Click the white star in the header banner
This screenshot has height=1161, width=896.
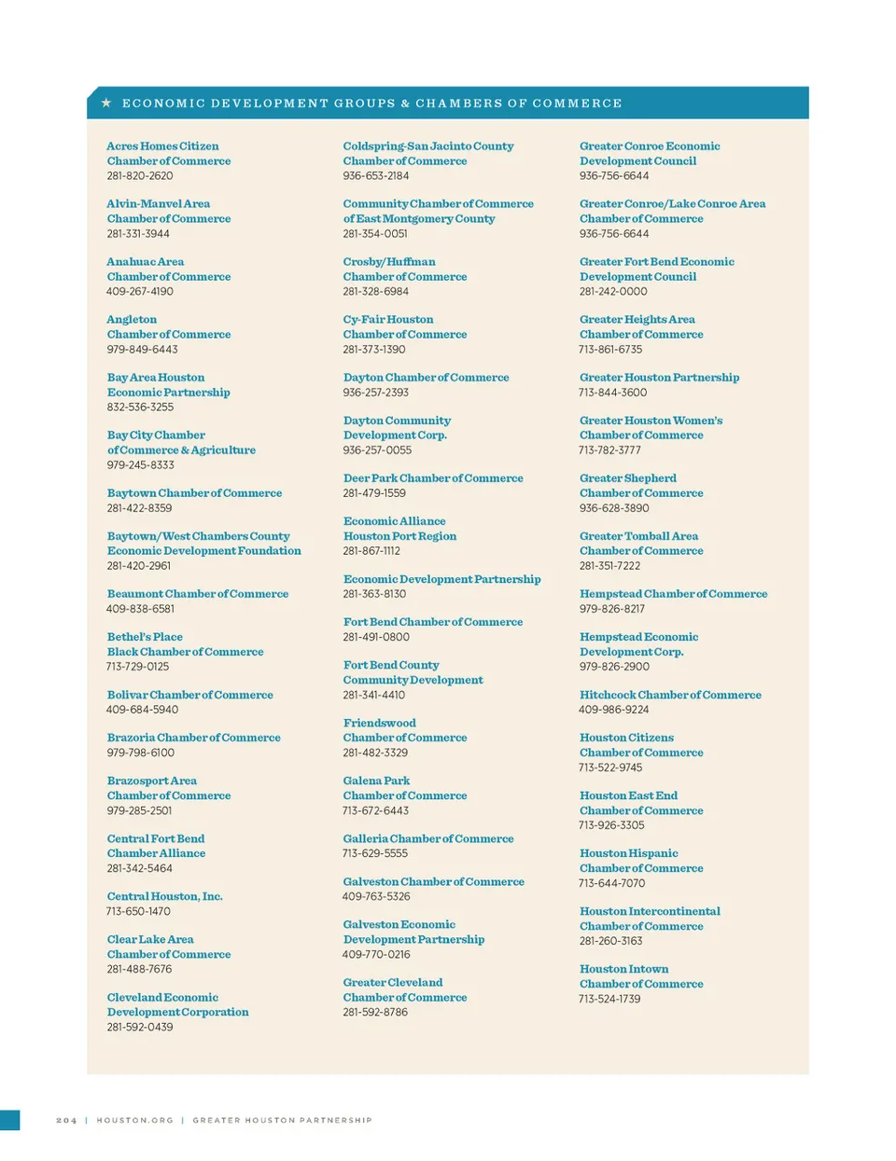click(x=106, y=103)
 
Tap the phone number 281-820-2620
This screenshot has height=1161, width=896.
click(x=140, y=175)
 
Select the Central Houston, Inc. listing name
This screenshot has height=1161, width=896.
click(x=164, y=896)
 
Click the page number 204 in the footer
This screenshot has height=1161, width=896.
click(x=66, y=1120)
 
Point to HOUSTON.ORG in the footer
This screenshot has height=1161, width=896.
click(x=134, y=1120)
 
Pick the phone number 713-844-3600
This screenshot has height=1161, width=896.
click(x=612, y=393)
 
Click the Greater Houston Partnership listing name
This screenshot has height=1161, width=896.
click(x=659, y=378)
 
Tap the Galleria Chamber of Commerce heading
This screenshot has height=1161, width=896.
click(x=428, y=838)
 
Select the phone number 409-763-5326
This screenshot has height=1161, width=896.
click(x=376, y=896)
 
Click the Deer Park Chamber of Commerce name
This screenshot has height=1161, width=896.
click(x=433, y=478)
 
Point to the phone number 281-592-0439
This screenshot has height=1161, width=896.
click(x=140, y=1027)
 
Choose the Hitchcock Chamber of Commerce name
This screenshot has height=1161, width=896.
click(x=670, y=695)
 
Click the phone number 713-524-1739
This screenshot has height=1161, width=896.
click(x=609, y=999)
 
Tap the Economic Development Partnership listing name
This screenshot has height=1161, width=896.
click(x=441, y=579)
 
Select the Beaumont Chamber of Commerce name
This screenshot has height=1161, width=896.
click(x=198, y=594)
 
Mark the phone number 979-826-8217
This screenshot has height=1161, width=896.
click(x=611, y=609)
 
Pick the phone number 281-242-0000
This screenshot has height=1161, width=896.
click(x=613, y=291)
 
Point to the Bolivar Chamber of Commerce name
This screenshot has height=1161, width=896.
click(x=190, y=695)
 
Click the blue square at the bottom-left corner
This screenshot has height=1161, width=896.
click(x=9, y=1120)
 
